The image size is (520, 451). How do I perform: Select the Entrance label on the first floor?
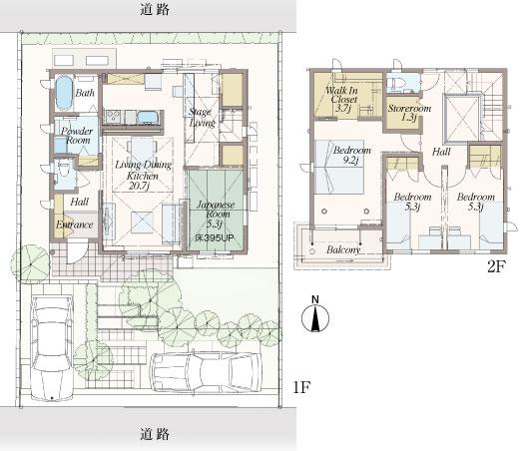[x=75, y=225]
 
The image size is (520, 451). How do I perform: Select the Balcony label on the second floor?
[x=343, y=249]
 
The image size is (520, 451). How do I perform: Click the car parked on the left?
[x=50, y=344]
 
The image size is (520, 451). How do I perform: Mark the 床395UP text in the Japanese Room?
[x=208, y=240]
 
